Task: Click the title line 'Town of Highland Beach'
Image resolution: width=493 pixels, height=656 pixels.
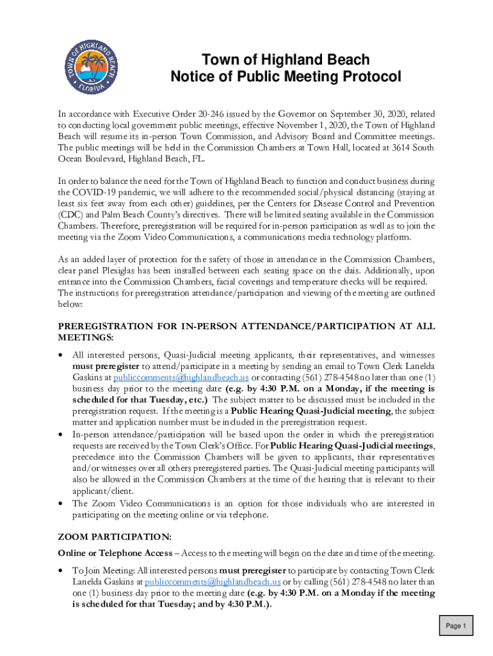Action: tap(286, 60)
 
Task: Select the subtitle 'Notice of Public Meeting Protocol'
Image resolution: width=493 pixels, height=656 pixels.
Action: tap(286, 78)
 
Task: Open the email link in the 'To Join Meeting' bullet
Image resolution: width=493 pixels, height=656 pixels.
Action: tap(213, 581)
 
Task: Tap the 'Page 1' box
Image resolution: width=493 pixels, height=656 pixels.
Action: tap(456, 626)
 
